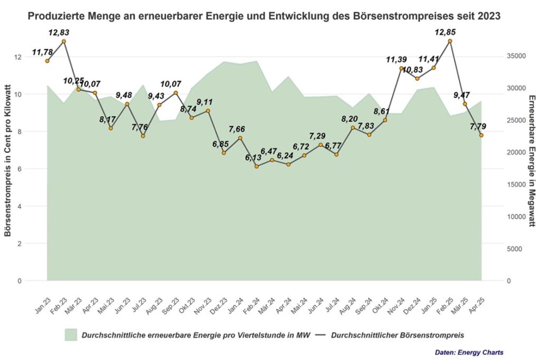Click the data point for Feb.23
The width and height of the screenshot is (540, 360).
click(x=63, y=41)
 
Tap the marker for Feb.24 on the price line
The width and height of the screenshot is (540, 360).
click(x=256, y=166)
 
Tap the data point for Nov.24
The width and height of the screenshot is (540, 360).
click(x=401, y=68)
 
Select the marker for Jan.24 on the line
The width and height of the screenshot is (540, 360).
click(x=240, y=138)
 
